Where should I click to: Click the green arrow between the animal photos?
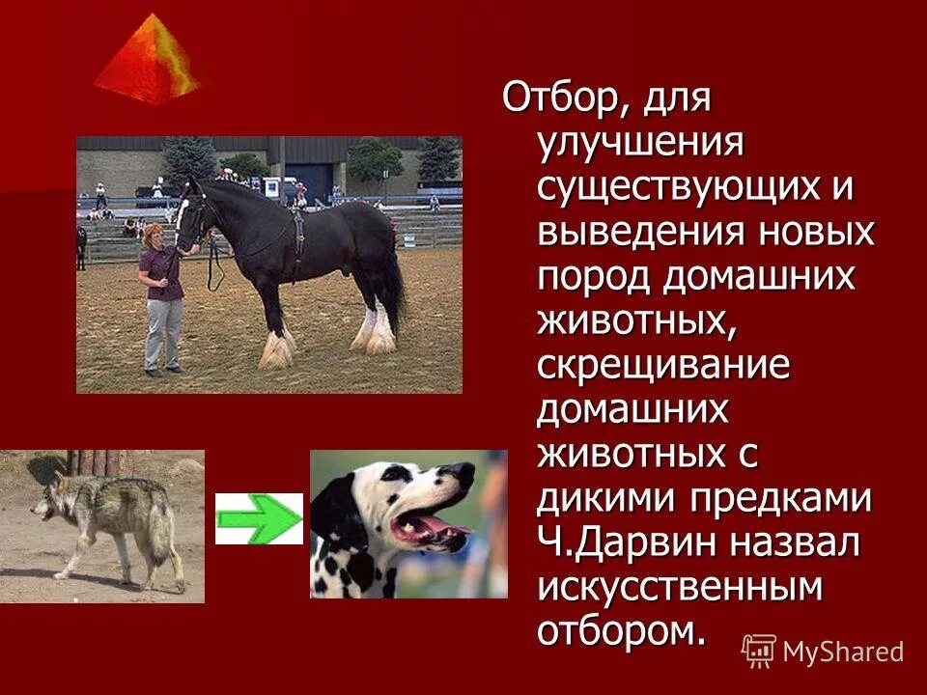[x=259, y=518]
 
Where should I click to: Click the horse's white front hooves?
[x=278, y=349]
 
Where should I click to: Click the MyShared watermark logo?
[x=823, y=651]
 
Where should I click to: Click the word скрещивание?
[x=664, y=366]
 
